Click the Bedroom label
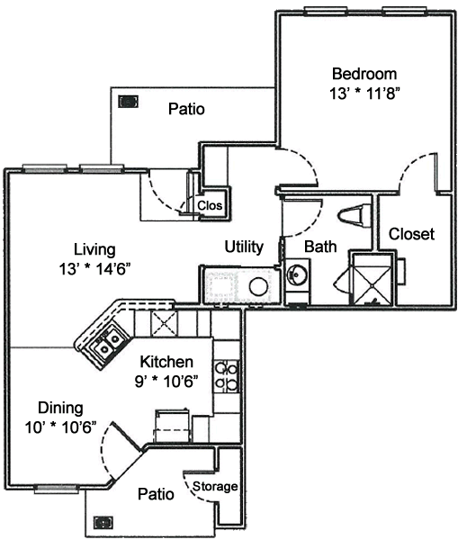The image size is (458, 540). (364, 75)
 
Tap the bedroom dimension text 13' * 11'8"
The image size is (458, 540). (365, 94)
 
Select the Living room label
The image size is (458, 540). (94, 249)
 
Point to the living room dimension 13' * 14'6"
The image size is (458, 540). (94, 268)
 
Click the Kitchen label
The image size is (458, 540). (166, 362)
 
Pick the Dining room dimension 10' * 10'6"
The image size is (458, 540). (60, 427)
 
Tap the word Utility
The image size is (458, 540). (244, 247)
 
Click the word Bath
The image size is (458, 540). (320, 247)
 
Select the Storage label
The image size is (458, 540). (215, 487)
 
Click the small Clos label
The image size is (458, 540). (210, 205)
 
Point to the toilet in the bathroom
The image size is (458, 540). (355, 216)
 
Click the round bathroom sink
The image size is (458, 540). (296, 274)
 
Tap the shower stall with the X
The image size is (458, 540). (373, 279)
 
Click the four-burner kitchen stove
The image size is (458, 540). (227, 376)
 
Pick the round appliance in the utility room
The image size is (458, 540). (258, 286)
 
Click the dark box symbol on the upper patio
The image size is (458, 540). (128, 102)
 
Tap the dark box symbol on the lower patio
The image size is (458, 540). (103, 522)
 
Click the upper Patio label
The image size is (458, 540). (186, 109)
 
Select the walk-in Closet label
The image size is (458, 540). (411, 234)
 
